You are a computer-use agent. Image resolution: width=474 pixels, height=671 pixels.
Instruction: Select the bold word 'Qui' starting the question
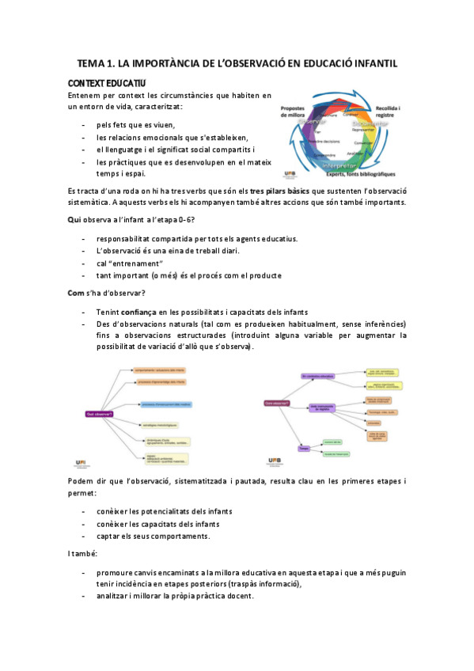75,219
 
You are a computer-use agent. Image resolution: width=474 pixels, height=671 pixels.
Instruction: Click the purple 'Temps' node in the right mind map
303,448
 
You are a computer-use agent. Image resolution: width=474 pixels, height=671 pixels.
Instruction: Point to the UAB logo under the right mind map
275,461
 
